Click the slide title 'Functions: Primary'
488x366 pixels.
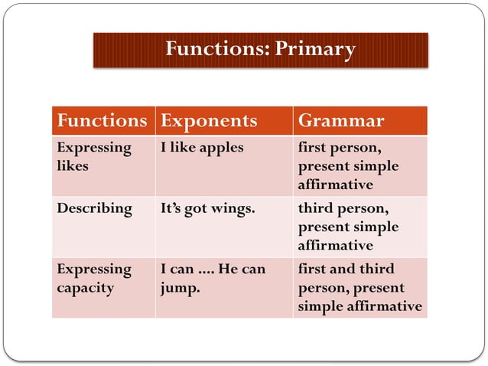[x=260, y=50]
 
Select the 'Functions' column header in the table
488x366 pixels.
[x=102, y=121]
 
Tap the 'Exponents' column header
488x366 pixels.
[x=209, y=121]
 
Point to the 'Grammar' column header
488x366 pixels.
[x=340, y=121]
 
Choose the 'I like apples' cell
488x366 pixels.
[x=202, y=147]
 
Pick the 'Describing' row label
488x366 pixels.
[x=94, y=208]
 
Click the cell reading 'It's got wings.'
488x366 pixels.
[x=207, y=208]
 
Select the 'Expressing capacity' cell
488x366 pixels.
[x=93, y=279]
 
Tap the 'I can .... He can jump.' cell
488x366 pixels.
[x=213, y=279]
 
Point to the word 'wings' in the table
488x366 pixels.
[x=233, y=208]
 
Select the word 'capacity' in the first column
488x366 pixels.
[x=84, y=289]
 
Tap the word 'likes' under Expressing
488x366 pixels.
[x=72, y=166]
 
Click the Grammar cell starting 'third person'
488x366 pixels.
[x=348, y=227]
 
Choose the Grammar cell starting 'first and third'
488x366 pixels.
[x=358, y=288]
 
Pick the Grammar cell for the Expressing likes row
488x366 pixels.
[x=348, y=165]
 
